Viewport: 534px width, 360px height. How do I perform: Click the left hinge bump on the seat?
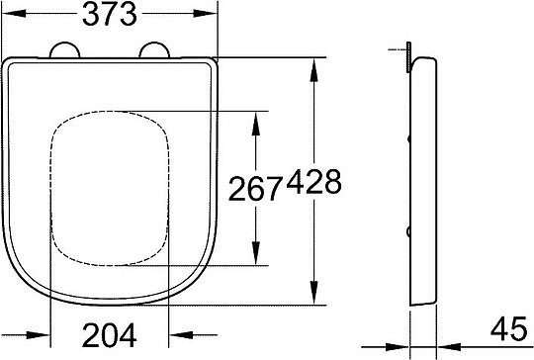[64, 52]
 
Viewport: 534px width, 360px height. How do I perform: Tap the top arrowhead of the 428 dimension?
[314, 66]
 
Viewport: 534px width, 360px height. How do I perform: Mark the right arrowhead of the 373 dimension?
[210, 15]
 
